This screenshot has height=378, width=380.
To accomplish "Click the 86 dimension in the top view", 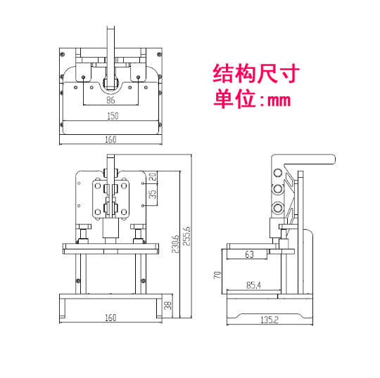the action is [x=110, y=100].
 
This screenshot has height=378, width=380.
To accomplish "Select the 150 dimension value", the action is [x=113, y=116].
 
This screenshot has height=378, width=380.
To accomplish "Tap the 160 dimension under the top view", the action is [x=110, y=140].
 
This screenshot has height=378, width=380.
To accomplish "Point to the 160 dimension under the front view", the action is [x=110, y=318].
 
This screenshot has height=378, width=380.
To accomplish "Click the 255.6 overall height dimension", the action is [x=186, y=236].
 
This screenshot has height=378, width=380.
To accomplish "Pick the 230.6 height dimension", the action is [x=175, y=245].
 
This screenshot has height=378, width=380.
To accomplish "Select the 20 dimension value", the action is [x=153, y=176].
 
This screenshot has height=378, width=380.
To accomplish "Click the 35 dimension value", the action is [x=153, y=194].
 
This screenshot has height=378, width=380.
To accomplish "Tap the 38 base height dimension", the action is [x=167, y=306].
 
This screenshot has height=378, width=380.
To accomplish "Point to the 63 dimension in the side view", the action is [x=249, y=254].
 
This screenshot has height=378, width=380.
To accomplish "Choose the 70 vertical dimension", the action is [x=217, y=275].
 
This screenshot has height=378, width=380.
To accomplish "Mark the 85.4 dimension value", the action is [x=253, y=285].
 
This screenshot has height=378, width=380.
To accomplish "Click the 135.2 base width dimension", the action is [x=270, y=320].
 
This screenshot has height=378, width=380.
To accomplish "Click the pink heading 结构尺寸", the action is [x=256, y=74].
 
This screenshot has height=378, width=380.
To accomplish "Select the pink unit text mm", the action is [x=279, y=100].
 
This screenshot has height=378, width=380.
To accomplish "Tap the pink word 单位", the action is [x=234, y=98].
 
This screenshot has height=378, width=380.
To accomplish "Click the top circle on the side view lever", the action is [x=278, y=173].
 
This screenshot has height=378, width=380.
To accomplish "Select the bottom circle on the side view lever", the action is [x=278, y=208].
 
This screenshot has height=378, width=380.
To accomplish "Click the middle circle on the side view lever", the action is [x=278, y=188].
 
